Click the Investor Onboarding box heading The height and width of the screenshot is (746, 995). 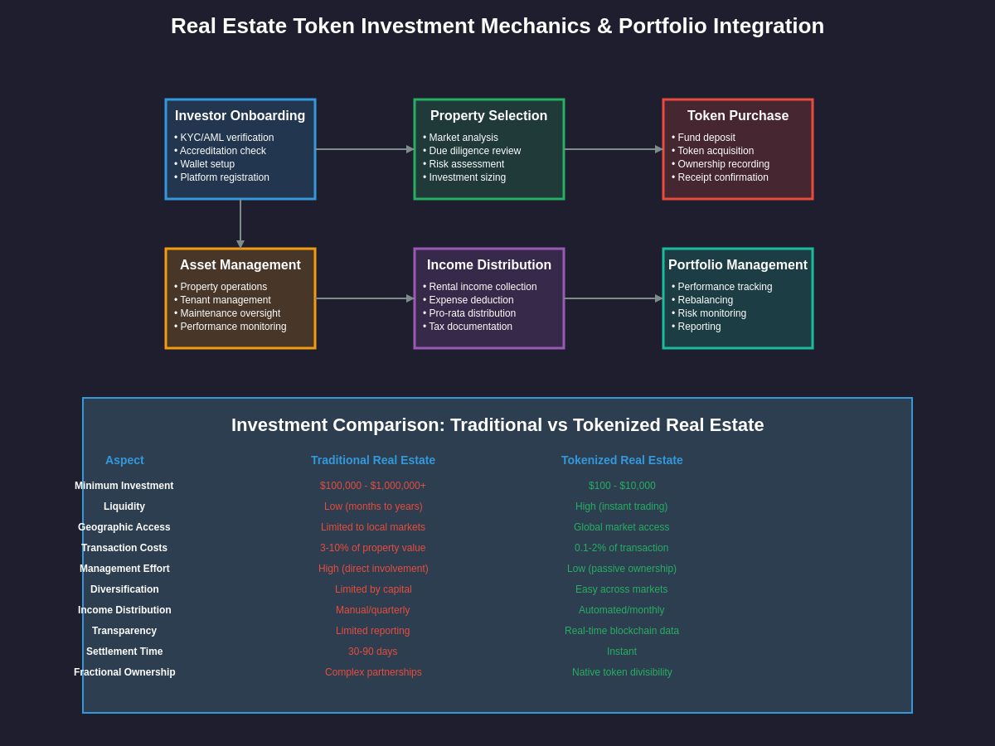(x=240, y=116)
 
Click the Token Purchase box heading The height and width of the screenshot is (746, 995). (x=738, y=116)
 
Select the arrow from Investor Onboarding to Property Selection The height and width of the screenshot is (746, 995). (x=365, y=149)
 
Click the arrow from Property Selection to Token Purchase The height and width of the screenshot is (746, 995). (x=614, y=149)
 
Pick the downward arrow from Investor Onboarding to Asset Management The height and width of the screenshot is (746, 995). (x=240, y=224)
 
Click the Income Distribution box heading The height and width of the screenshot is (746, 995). (x=489, y=265)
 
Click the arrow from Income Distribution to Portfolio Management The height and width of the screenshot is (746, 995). (x=614, y=298)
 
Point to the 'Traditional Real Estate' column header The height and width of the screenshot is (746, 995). (x=373, y=460)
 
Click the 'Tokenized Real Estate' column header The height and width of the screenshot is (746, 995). (x=622, y=460)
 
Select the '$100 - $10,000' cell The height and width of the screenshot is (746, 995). (x=622, y=486)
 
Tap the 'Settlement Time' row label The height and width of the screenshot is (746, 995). (x=124, y=652)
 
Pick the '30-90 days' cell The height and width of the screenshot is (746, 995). (x=373, y=652)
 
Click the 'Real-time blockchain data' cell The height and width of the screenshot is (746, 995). (x=622, y=631)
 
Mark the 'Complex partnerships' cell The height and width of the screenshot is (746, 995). (x=373, y=672)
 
